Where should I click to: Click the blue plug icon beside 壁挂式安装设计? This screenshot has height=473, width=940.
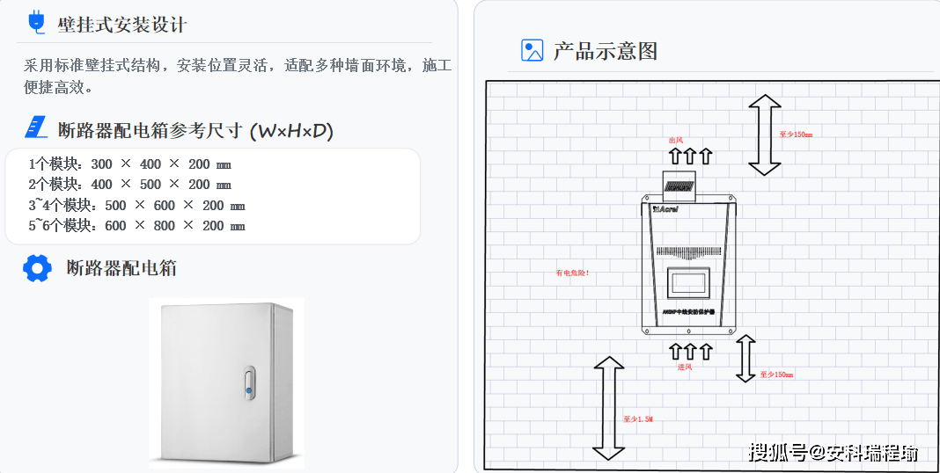tap(36, 22)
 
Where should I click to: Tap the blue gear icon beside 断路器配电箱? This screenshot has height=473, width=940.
tap(37, 268)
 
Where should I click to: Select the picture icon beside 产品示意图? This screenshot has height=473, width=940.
tap(532, 50)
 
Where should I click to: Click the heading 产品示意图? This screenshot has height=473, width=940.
tap(606, 51)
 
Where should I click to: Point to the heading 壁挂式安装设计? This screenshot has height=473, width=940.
tap(122, 25)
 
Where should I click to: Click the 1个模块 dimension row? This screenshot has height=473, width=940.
tap(130, 164)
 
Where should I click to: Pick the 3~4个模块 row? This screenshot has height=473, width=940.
tap(137, 206)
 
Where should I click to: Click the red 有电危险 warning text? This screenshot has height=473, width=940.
tap(572, 273)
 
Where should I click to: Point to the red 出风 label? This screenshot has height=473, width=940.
tap(676, 141)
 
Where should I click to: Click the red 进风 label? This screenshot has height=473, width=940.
tap(685, 367)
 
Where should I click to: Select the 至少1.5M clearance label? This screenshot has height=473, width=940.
tap(638, 419)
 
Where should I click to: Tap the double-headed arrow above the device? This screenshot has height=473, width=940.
tap(764, 135)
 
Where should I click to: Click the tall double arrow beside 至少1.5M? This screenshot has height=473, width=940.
tap(608, 408)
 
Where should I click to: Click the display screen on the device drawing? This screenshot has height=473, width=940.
tap(689, 282)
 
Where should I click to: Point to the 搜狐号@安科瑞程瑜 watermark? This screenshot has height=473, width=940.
tap(833, 453)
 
